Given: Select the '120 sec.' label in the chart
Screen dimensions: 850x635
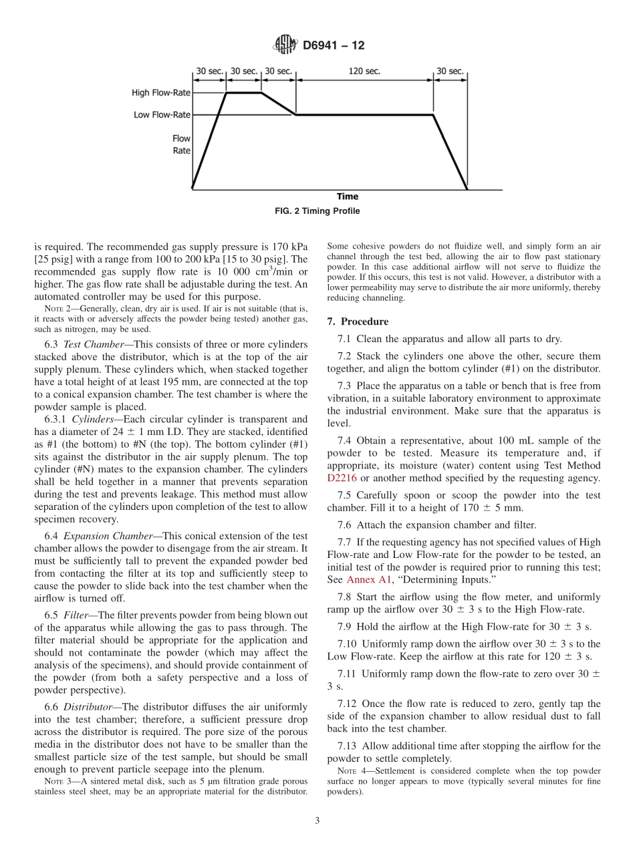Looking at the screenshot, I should point(364,71).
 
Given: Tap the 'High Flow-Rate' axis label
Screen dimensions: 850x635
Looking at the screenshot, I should point(160,93).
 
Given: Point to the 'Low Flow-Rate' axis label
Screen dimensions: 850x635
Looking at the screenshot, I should point(162,115).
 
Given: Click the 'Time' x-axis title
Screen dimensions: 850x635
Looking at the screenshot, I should point(347,196).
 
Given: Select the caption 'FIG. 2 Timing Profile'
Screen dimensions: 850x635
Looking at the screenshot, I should point(317,211).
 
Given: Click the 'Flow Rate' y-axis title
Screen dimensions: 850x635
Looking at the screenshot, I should point(181,145).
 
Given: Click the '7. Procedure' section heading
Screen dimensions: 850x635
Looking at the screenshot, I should point(358,321).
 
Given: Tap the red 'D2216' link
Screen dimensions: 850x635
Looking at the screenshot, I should point(342,478).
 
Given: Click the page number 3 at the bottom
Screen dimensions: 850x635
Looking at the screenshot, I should point(317,821).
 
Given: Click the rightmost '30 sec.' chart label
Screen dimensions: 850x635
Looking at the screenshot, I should point(450,71).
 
